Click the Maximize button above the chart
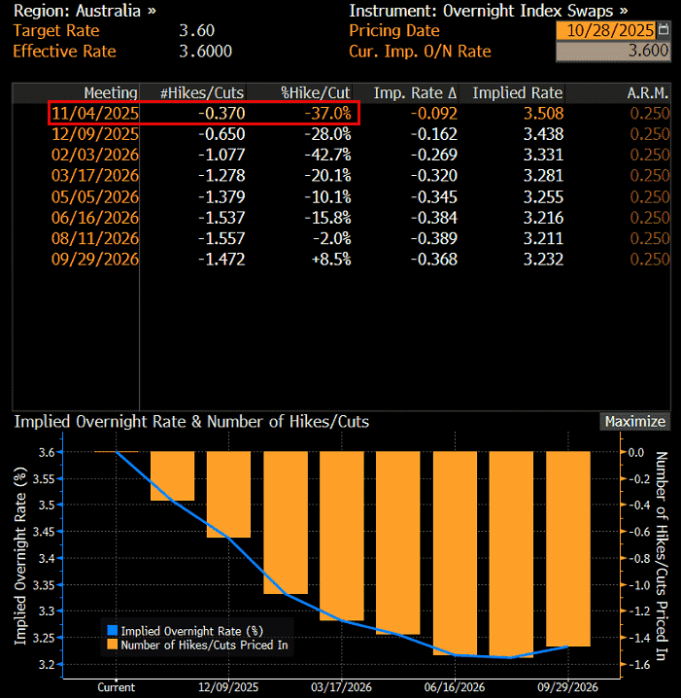635,422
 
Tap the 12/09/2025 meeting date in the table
96,134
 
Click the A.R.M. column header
649,93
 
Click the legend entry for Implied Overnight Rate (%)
192,630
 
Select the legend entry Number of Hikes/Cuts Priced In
203,645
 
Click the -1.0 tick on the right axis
635,585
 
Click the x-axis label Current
117,686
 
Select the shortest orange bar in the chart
173,475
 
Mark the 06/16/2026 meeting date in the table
96,218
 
